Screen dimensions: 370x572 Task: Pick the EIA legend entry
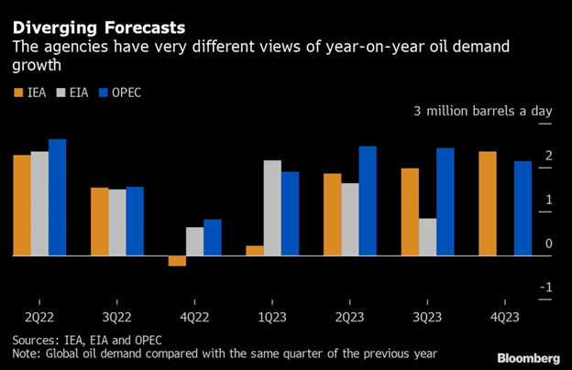71,92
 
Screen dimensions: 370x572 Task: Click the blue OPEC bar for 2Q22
57,197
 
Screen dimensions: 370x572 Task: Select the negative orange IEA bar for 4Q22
176,261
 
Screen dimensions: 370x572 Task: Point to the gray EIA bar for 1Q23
272,208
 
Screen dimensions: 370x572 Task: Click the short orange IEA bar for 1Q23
254,250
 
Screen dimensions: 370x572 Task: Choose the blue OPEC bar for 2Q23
368,201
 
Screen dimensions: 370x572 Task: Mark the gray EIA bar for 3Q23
427,237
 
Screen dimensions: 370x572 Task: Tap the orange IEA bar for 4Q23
488,203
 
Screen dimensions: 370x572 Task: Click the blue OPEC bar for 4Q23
522,208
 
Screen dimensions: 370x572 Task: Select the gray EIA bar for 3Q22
117,223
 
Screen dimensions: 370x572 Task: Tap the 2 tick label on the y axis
546,157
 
